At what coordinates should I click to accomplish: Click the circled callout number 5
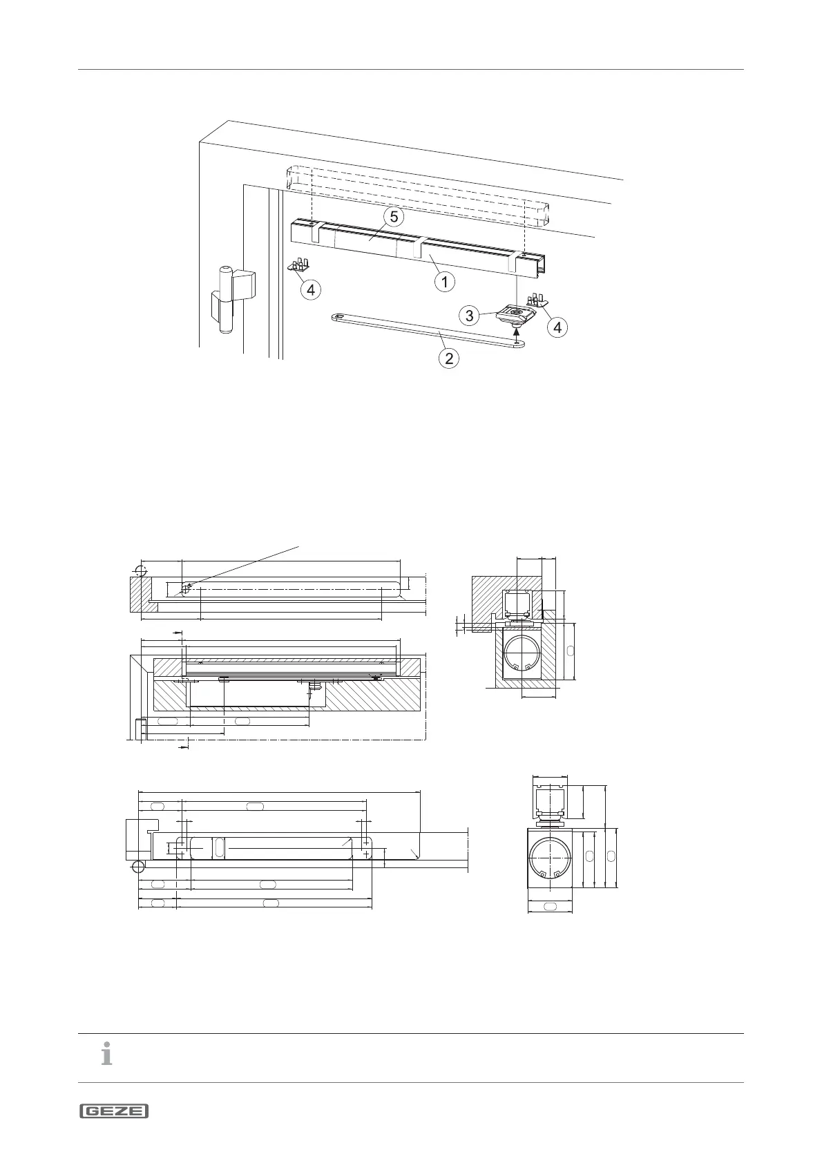click(394, 217)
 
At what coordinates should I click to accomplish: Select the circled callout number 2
click(450, 358)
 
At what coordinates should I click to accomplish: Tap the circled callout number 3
click(470, 316)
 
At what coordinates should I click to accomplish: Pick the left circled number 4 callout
click(311, 290)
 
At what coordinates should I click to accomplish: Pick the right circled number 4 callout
click(557, 327)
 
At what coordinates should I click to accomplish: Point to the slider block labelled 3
click(516, 316)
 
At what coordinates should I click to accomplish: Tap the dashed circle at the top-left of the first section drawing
click(141, 570)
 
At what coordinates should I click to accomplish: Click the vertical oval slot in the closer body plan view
click(219, 848)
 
